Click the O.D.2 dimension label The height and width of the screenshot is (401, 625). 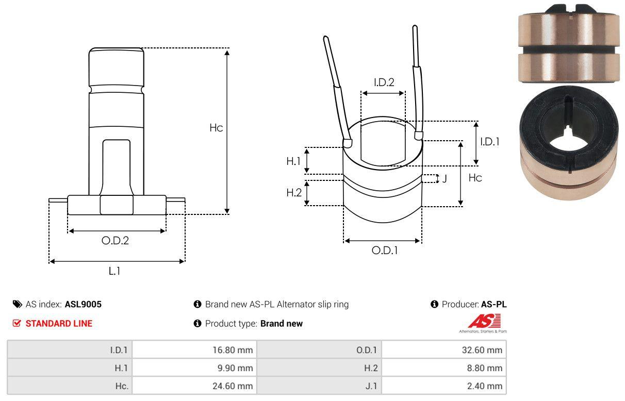click(x=114, y=240)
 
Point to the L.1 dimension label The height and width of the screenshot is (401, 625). click(x=114, y=271)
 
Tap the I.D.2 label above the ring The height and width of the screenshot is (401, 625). click(x=384, y=82)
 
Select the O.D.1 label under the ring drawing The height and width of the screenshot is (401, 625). click(x=385, y=250)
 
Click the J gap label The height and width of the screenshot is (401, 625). click(x=445, y=179)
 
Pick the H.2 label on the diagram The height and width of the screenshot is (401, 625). click(x=294, y=193)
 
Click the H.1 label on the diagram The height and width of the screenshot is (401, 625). click(x=293, y=161)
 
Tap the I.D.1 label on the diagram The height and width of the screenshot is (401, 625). click(x=489, y=142)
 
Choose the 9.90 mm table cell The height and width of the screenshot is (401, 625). click(x=237, y=368)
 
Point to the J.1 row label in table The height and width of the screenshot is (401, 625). click(x=371, y=386)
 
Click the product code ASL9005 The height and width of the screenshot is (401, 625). click(x=83, y=304)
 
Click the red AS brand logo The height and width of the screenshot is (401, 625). click(x=484, y=322)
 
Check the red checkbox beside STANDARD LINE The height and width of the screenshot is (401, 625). click(x=17, y=323)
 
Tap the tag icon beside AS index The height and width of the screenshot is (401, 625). click(x=17, y=304)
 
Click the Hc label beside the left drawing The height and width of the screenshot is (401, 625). click(x=216, y=128)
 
